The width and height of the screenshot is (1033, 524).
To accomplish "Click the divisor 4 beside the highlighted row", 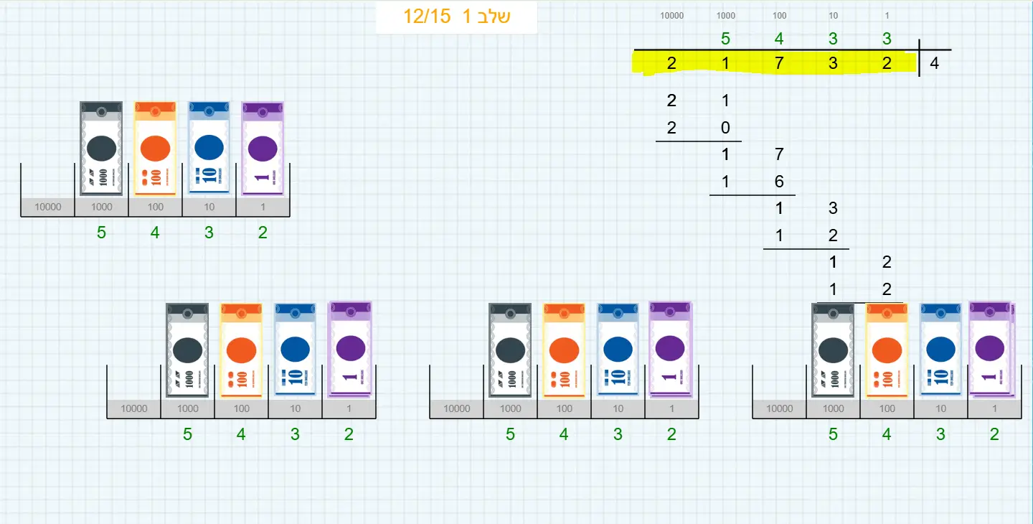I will (x=934, y=63).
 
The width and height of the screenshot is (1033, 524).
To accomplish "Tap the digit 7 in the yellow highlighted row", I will (x=779, y=63).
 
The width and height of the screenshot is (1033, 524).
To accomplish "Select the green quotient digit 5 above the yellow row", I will (x=725, y=39).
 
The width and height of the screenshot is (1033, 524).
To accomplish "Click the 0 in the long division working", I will (x=725, y=128).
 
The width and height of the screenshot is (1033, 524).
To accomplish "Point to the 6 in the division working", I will (x=779, y=182).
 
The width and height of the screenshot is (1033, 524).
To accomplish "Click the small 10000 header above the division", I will (x=671, y=15).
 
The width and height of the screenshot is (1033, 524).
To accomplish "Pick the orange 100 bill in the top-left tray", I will (x=155, y=148).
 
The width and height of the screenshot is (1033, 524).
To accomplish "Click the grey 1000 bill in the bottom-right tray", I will (x=833, y=349).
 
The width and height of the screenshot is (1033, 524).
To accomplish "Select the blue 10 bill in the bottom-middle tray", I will (x=618, y=349).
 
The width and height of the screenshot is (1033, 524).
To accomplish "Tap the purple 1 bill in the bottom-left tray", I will (x=349, y=349).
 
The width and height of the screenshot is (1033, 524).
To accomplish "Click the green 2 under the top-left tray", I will (x=263, y=233).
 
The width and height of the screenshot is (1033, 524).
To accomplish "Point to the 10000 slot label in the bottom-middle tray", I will (x=456, y=409).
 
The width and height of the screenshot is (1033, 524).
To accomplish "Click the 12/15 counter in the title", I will (x=426, y=17).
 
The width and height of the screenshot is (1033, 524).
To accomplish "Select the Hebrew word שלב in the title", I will (x=493, y=17).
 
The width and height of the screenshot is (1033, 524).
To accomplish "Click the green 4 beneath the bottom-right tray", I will (x=887, y=434).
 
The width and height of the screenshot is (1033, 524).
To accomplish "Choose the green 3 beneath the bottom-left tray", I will (x=295, y=434).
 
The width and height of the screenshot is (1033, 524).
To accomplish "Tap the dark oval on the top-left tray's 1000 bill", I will (x=101, y=148).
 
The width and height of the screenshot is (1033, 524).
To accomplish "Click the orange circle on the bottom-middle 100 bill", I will (x=564, y=350).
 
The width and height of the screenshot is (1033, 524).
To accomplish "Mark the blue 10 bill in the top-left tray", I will (x=209, y=148).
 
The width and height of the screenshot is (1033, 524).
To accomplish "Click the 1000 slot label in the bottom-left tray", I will (x=187, y=409).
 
